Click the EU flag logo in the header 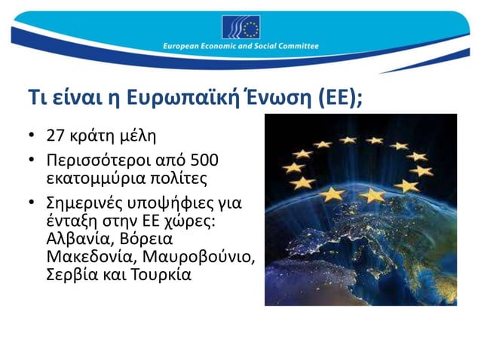pyautogui.click(x=240, y=27)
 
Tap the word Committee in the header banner pyautogui.click(x=297, y=47)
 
